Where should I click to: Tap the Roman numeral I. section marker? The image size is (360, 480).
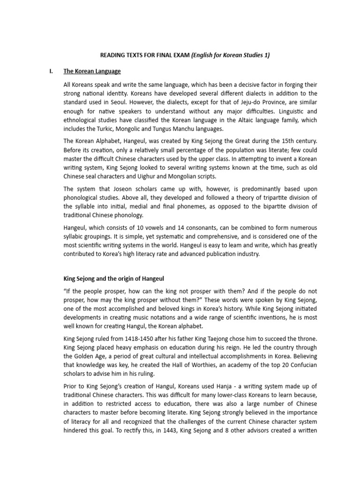pos(51,71)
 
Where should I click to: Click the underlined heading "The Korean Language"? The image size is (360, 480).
pos(92,71)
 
